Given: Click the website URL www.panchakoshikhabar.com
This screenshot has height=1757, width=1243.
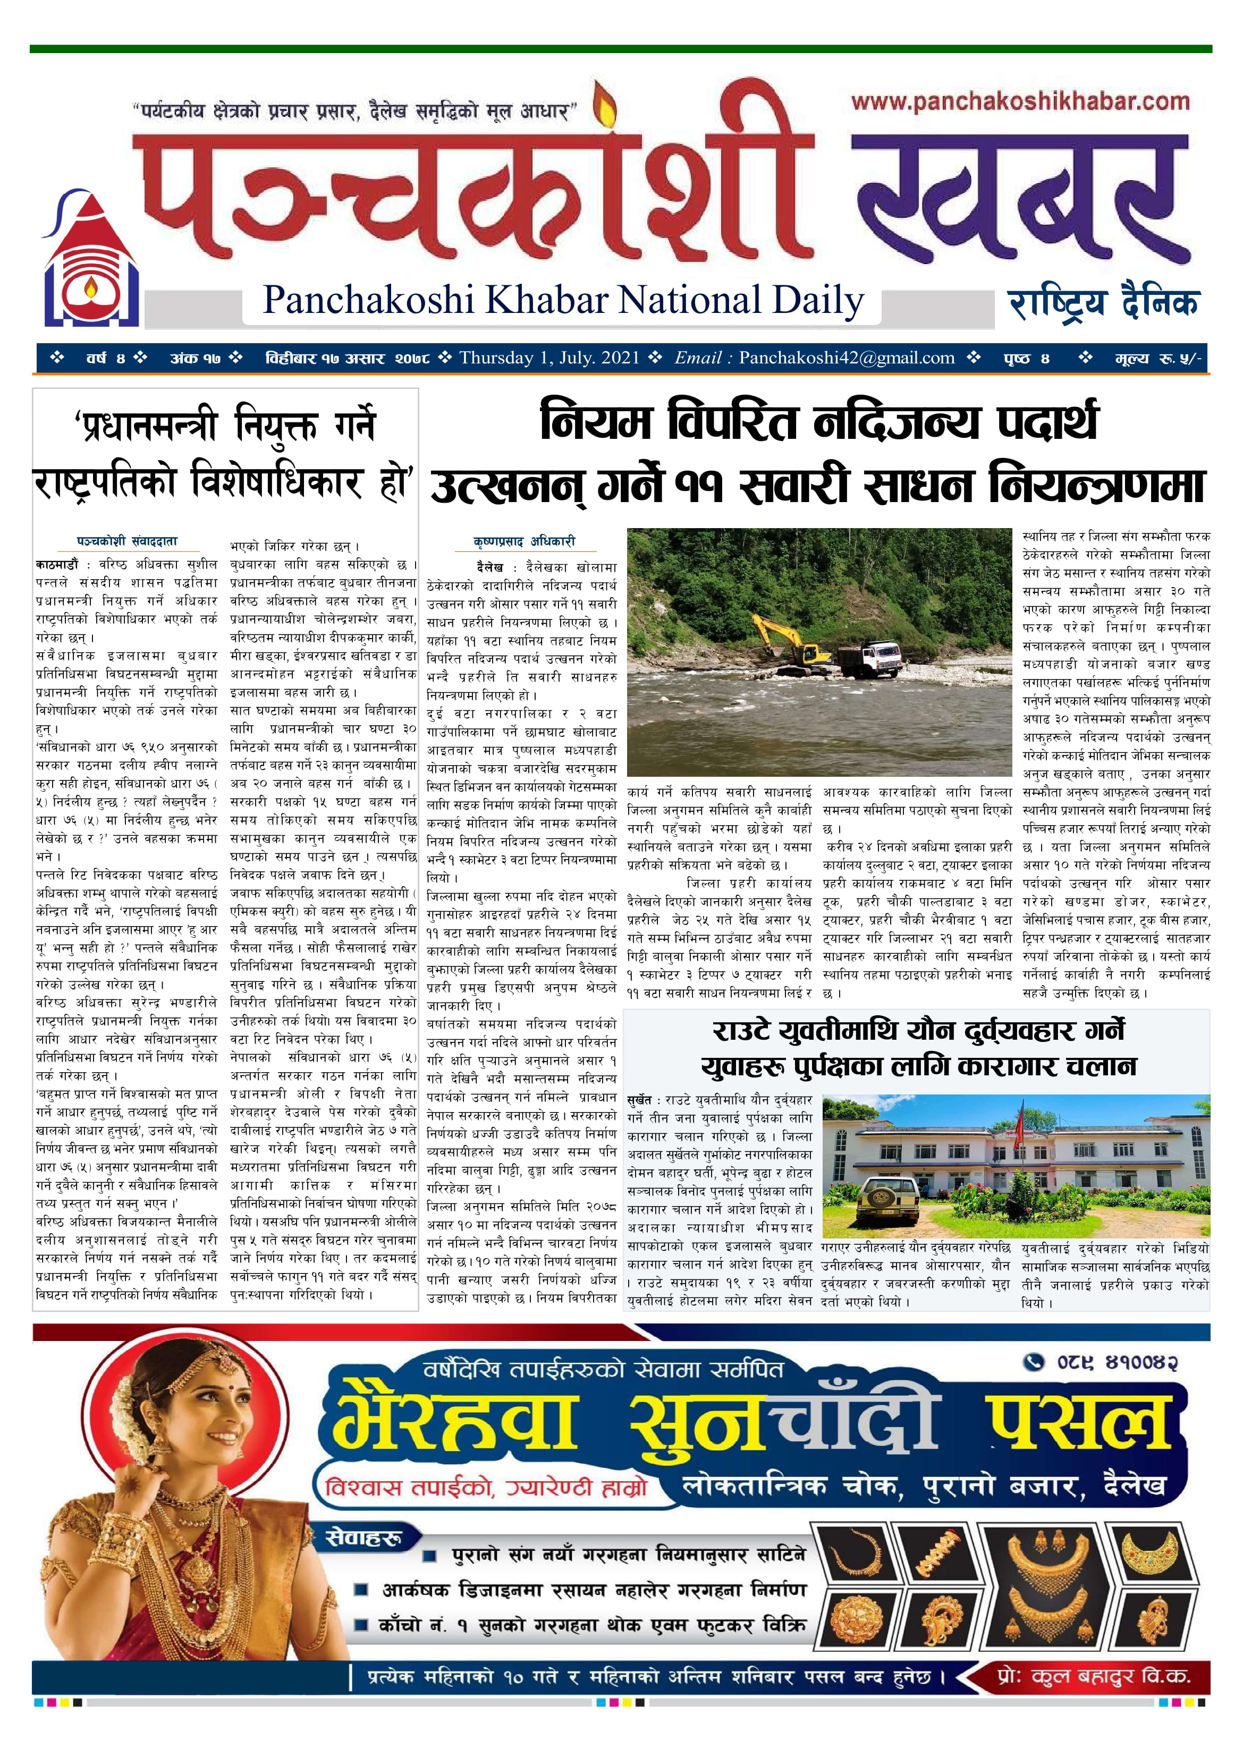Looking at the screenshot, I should click(x=1019, y=102).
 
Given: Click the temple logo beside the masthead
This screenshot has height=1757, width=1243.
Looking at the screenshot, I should click(x=90, y=262).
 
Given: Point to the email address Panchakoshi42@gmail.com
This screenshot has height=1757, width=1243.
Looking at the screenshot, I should click(x=847, y=358).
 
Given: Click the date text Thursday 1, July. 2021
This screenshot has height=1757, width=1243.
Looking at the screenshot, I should click(x=549, y=358).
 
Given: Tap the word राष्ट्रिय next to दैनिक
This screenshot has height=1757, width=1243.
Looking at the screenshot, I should click(x=1057, y=303).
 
